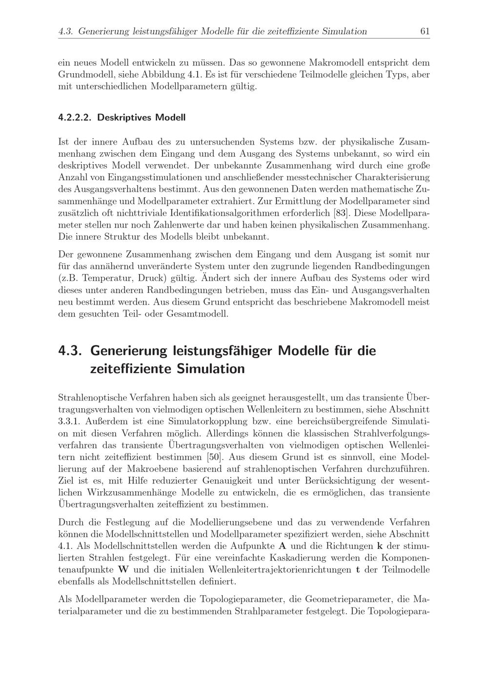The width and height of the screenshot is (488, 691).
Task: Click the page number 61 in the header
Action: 425,32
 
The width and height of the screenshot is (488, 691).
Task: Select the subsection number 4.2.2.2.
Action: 75,118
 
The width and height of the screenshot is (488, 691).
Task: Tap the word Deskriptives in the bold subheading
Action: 124,118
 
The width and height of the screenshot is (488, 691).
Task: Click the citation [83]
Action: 342,213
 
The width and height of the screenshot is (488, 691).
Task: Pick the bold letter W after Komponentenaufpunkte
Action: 123,569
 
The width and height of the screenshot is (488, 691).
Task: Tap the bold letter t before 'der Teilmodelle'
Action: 358,569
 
